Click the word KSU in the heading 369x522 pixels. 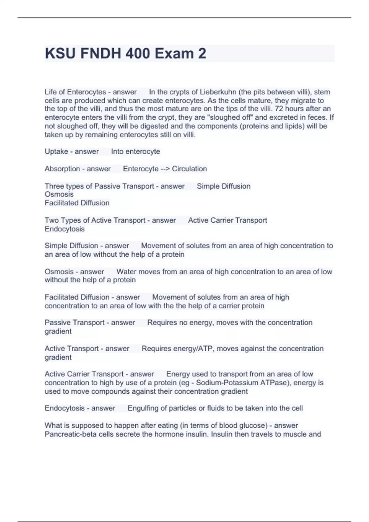(60, 53)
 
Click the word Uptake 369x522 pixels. (56, 152)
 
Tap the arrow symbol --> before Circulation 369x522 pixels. (165, 169)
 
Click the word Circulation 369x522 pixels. (189, 169)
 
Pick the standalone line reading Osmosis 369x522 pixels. (59, 194)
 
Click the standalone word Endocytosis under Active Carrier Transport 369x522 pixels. (65, 229)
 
